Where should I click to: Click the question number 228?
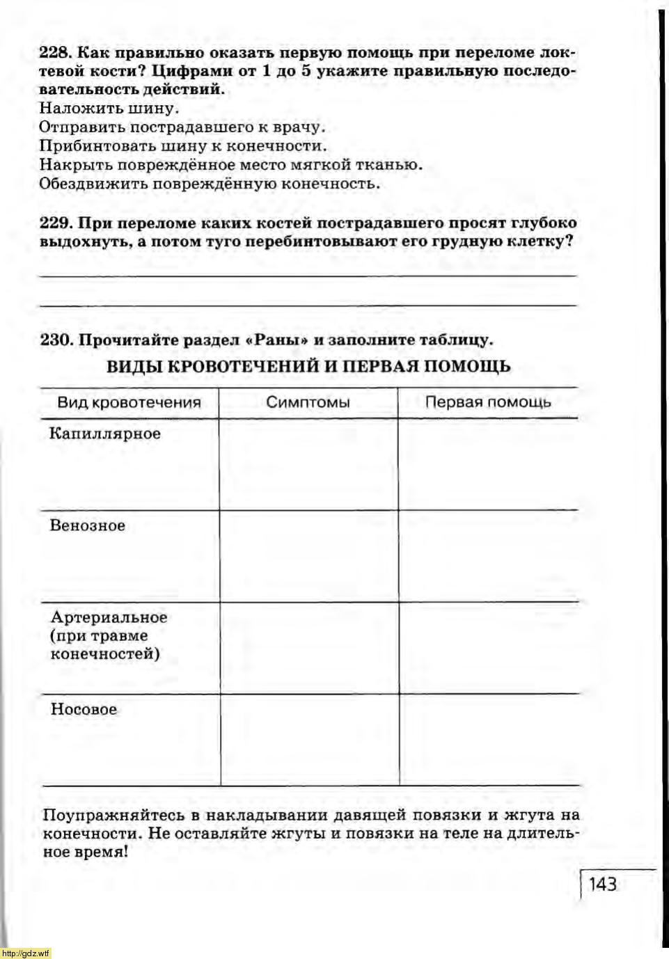point(54,53)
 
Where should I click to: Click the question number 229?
point(54,223)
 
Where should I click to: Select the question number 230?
point(56,340)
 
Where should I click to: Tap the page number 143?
point(603,884)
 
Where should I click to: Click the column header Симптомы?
point(308,402)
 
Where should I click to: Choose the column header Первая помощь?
point(487,402)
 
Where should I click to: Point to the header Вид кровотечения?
point(129,402)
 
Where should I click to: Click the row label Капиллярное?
point(104,434)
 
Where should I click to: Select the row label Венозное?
point(87,525)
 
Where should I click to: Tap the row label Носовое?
point(84,709)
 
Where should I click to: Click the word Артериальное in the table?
point(109,617)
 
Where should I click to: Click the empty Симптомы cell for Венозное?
point(309,556)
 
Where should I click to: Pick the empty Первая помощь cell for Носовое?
point(489,740)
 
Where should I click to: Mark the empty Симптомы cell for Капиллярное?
point(309,464)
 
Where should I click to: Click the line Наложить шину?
point(109,109)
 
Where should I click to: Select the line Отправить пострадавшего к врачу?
point(182,127)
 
